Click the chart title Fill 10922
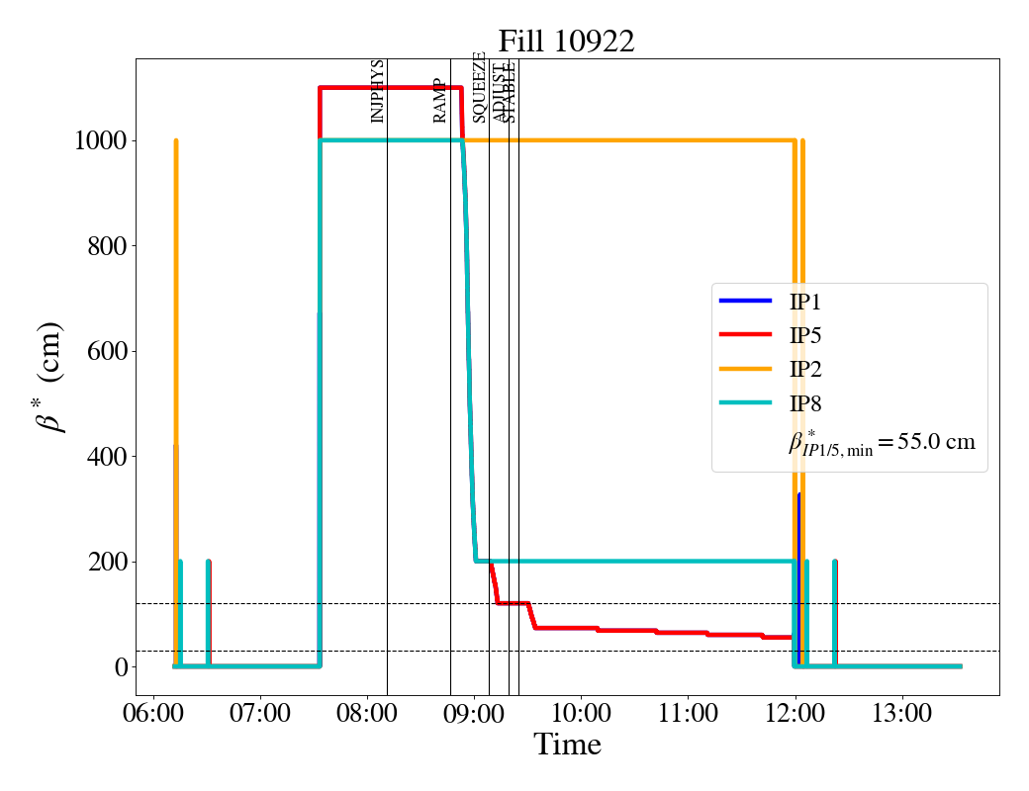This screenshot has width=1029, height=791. [x=566, y=42]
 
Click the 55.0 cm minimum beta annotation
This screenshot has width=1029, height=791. [x=881, y=442]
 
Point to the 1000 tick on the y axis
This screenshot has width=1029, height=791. [x=100, y=140]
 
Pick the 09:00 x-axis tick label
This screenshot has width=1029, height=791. [x=474, y=712]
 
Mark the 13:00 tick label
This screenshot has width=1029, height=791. [x=902, y=712]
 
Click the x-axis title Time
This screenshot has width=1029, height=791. [x=567, y=745]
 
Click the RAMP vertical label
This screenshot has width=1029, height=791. [x=440, y=100]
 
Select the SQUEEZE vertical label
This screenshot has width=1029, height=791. [x=479, y=87]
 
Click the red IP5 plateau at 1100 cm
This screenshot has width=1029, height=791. [x=391, y=88]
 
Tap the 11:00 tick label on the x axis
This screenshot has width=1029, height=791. [x=689, y=712]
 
